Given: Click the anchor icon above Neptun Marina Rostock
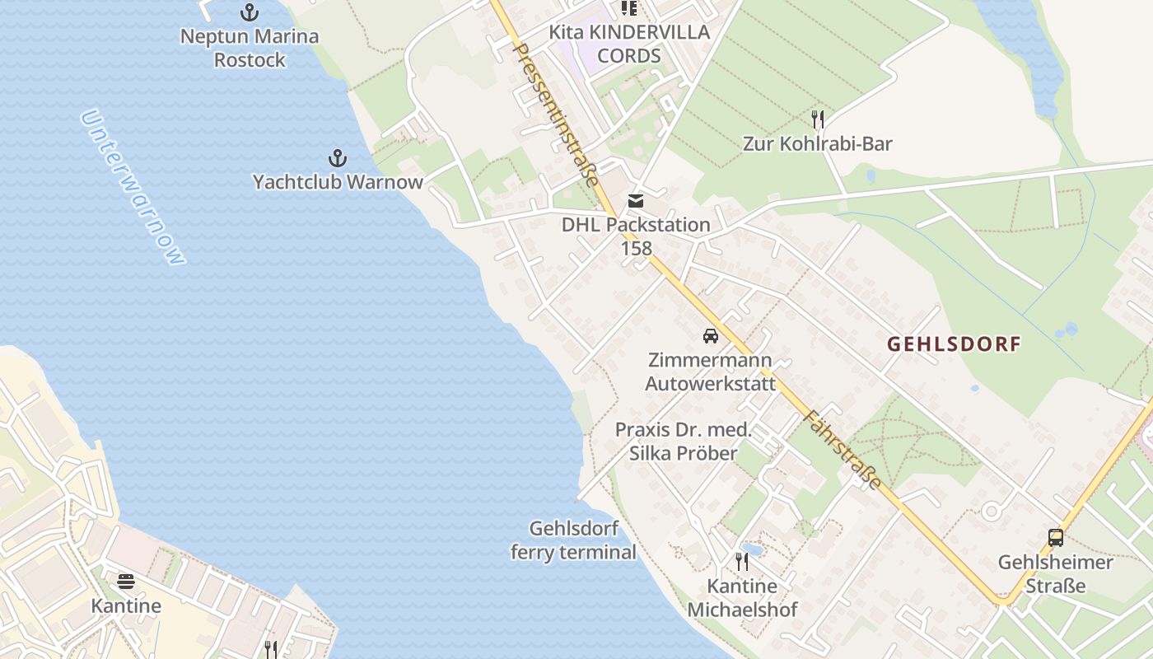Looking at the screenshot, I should [249, 12].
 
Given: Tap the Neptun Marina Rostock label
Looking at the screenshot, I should [249, 48].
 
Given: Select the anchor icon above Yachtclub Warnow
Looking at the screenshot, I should [337, 158].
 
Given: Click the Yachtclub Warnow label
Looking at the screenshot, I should [338, 182].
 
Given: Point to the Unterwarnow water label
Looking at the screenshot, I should [133, 188].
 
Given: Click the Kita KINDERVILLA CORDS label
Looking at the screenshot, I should [629, 44].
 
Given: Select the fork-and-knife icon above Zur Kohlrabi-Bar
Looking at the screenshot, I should [818, 119].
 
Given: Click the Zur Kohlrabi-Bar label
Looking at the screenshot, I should [818, 144].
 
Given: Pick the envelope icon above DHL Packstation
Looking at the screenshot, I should [636, 200].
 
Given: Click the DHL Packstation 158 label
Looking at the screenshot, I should [636, 236].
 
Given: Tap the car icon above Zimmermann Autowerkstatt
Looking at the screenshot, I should [710, 336].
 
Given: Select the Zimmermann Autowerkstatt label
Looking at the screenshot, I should [710, 372].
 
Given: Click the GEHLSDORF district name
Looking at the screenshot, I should [954, 344].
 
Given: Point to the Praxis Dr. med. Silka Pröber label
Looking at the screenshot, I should [684, 441].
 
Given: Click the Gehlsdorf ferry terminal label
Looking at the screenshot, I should [573, 540].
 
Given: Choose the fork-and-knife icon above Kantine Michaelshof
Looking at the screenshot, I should [742, 562].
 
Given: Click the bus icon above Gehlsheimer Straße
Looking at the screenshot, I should [1056, 538].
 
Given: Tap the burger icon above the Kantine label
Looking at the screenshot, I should [126, 582].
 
